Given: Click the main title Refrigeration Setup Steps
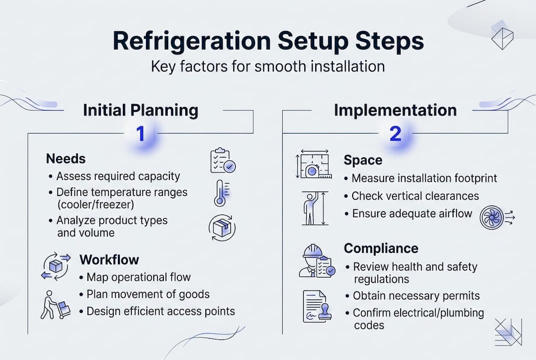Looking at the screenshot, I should point(268,41).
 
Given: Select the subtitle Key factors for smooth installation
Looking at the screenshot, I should point(268,67).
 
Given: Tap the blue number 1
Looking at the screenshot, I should point(140,133).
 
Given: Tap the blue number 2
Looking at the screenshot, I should point(395,133).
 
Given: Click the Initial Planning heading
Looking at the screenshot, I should point(140,110).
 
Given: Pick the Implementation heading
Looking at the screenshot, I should point(395,110).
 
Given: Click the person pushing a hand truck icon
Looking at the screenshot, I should point(55,303).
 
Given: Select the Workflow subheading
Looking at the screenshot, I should point(109,260).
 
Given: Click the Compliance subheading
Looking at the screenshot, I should point(381,248).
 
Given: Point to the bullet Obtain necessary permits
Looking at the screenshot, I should point(416,296).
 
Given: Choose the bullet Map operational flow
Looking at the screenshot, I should point(138,277).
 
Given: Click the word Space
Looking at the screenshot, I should point(363,160).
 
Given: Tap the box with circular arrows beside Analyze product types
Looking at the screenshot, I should point(222,227).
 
